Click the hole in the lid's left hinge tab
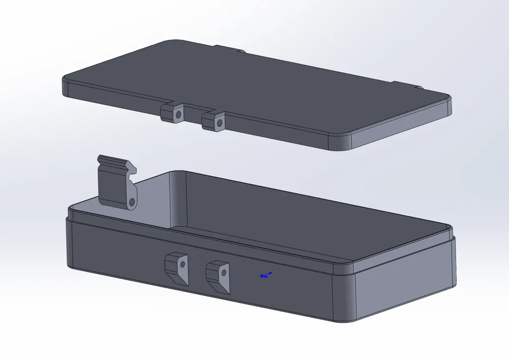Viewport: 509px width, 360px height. (x=178, y=115)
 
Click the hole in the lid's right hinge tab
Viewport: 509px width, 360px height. (x=219, y=123)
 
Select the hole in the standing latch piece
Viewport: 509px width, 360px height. (x=132, y=203)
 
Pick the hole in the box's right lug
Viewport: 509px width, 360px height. (x=222, y=273)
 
